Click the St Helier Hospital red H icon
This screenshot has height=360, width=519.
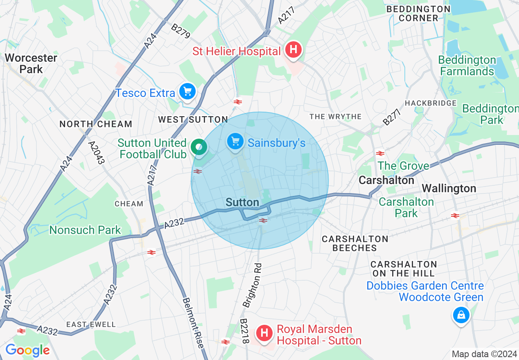pyautogui.click(x=293, y=50)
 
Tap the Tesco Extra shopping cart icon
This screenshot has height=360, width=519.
pyautogui.click(x=188, y=91)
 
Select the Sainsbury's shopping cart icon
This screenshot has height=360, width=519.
pyautogui.click(x=235, y=142)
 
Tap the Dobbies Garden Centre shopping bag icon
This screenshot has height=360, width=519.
pyautogui.click(x=461, y=315)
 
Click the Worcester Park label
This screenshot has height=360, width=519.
pyautogui.click(x=31, y=63)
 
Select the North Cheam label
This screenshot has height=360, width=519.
pyautogui.click(x=96, y=124)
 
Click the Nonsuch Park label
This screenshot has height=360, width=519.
pyautogui.click(x=85, y=230)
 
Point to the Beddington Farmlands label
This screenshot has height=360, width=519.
pyautogui.click(x=467, y=66)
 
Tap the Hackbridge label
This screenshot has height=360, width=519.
pyautogui.click(x=430, y=103)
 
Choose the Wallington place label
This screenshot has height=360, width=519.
pyautogui.click(x=449, y=188)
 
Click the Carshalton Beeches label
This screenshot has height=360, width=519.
pyautogui.click(x=355, y=243)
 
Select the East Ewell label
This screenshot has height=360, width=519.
pyautogui.click(x=91, y=324)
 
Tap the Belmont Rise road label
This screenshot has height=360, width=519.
pyautogui.click(x=193, y=322)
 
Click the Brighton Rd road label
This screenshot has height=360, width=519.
pyautogui.click(x=252, y=286)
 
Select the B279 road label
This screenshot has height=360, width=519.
pyautogui.click(x=181, y=32)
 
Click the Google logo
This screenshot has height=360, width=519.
pyautogui.click(x=27, y=350)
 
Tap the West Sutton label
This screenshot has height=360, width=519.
pyautogui.click(x=193, y=119)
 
